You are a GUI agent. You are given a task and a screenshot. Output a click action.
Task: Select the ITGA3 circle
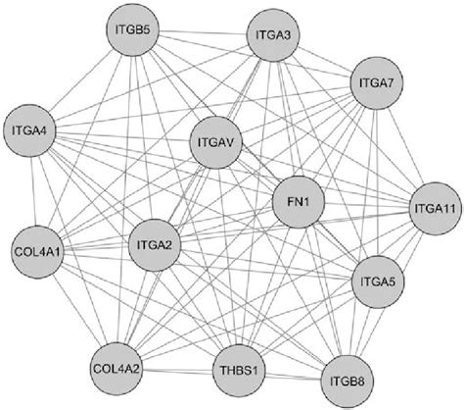pos(274,38)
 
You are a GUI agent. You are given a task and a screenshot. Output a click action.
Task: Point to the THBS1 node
pos(237,372)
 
